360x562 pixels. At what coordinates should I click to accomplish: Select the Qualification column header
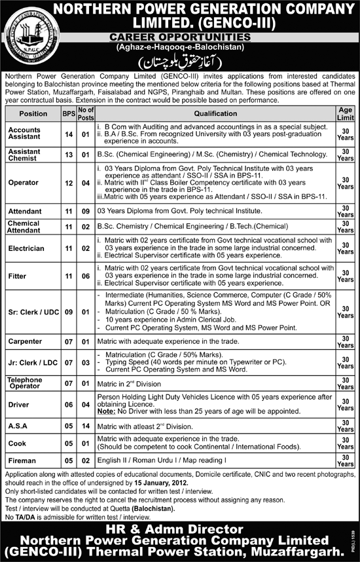215,113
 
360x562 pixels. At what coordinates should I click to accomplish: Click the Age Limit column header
346,113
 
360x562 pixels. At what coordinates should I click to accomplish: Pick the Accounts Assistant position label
24,134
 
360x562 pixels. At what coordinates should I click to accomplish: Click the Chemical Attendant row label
24,227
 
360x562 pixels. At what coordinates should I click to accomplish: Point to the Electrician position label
26,249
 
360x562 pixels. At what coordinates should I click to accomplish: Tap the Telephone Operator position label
25,383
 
